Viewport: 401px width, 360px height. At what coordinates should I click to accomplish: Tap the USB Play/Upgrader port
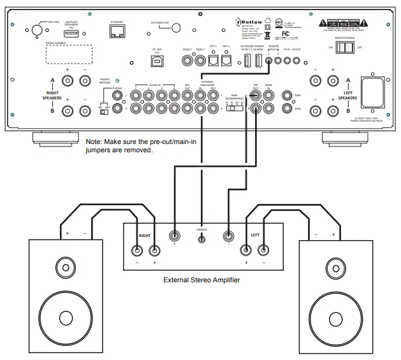[71, 31]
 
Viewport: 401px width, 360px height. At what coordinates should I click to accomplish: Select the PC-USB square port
[157, 61]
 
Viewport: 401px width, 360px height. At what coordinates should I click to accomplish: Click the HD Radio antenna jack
[177, 27]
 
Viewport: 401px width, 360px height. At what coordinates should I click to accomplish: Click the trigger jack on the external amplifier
[202, 239]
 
